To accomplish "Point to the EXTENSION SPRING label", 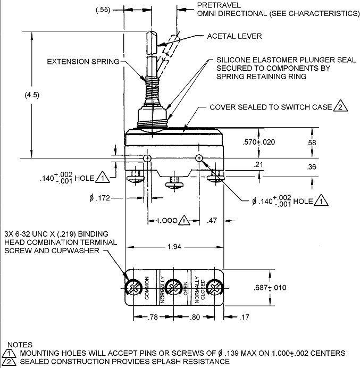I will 83,62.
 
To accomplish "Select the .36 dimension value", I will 313,167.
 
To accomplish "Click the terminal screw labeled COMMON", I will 133,288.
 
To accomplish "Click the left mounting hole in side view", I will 147,158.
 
